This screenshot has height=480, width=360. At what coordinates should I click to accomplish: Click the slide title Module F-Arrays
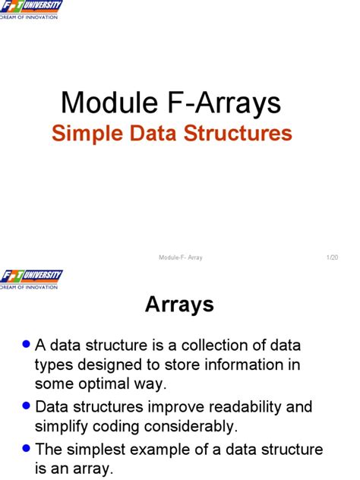point(171,102)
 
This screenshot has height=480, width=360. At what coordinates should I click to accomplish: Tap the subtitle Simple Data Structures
point(172,134)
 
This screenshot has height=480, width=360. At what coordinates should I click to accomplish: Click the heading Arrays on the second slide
point(179,305)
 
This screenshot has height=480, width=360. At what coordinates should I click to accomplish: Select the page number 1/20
point(332,257)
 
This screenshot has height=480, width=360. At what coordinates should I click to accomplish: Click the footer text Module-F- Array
point(181,257)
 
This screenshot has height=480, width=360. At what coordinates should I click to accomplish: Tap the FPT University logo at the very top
point(31,10)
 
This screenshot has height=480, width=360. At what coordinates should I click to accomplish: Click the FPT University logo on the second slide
point(31,279)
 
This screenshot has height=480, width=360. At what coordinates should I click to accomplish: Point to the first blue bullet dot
point(27,344)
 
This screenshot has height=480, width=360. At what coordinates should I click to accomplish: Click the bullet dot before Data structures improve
point(27,406)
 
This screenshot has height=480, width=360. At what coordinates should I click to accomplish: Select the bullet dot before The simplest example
point(27,448)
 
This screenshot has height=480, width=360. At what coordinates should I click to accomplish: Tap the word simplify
point(62,426)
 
